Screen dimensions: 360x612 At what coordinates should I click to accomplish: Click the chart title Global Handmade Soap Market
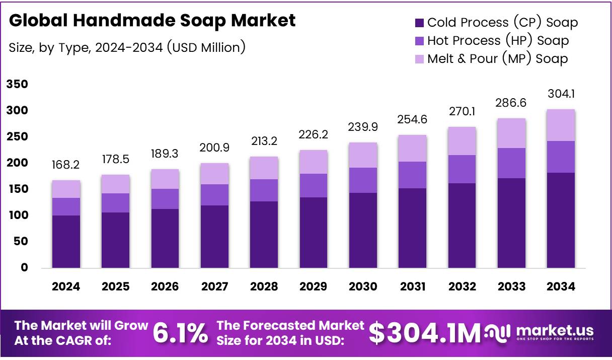point(152,21)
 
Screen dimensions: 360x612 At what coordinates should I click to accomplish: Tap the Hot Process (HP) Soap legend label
point(498,41)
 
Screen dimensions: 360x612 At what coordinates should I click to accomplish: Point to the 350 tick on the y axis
point(17,85)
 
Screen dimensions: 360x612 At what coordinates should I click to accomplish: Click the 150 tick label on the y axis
point(17,189)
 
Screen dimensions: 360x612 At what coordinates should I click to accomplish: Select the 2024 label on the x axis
point(66,286)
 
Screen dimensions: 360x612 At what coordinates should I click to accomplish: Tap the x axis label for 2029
point(314,286)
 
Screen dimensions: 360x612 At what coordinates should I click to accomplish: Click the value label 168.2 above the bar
point(66,165)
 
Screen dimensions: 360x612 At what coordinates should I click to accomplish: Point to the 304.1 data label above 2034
point(561,94)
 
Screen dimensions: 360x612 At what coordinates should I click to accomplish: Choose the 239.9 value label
point(363,128)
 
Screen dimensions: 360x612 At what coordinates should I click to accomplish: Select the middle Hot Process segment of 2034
point(561,157)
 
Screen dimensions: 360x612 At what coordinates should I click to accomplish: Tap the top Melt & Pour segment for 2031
point(412,148)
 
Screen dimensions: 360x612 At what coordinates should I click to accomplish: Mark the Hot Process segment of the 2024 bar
point(66,206)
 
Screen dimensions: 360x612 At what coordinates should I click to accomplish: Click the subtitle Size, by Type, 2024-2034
point(127,47)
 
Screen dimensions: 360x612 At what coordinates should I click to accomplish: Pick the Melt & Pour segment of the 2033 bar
point(511,133)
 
